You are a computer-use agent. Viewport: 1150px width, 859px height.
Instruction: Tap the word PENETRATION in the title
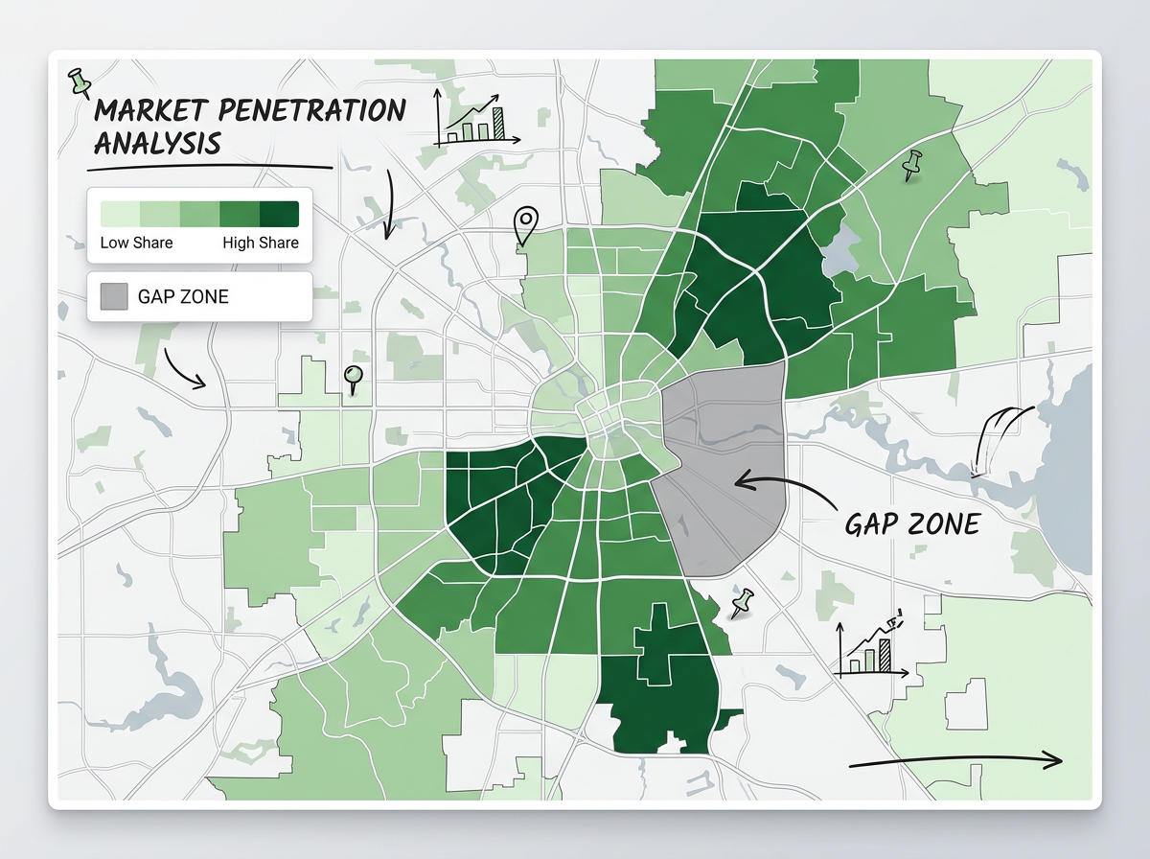[322, 110]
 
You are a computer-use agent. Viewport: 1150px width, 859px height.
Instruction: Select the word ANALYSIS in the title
[158, 144]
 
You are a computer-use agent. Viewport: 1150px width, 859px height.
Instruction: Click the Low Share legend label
[136, 243]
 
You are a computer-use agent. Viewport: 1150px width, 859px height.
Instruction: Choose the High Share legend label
[261, 243]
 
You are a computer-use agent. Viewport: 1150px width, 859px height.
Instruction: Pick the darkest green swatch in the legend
[279, 213]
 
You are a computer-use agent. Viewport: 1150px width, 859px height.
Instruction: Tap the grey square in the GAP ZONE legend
[113, 296]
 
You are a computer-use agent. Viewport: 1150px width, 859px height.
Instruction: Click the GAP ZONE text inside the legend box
[183, 296]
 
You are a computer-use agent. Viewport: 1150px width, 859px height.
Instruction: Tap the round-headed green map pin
[354, 378]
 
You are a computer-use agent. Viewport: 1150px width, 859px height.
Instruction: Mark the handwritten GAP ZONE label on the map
[912, 523]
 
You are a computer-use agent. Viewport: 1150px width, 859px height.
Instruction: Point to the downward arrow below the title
[389, 207]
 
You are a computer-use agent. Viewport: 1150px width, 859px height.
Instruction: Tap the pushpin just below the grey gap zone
[740, 603]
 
